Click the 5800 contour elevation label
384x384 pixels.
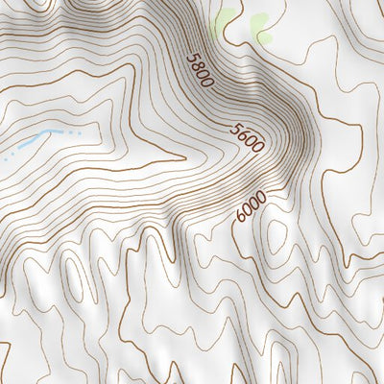pos(199,69)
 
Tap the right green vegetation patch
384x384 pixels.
pos(261,27)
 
